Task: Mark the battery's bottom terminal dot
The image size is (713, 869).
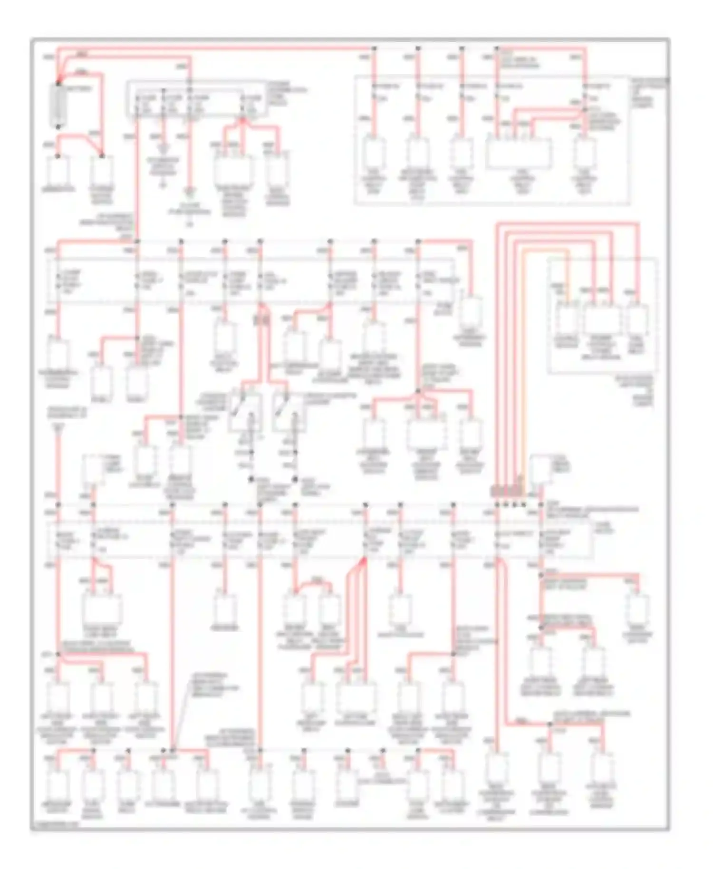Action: [x=58, y=127]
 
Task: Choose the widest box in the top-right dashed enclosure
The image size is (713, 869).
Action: [x=519, y=153]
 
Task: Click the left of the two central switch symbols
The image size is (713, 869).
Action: [x=244, y=412]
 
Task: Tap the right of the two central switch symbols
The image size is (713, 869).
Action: [x=289, y=412]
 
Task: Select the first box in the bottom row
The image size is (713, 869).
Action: [x=58, y=784]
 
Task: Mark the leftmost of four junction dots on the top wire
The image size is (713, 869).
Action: [x=374, y=48]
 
